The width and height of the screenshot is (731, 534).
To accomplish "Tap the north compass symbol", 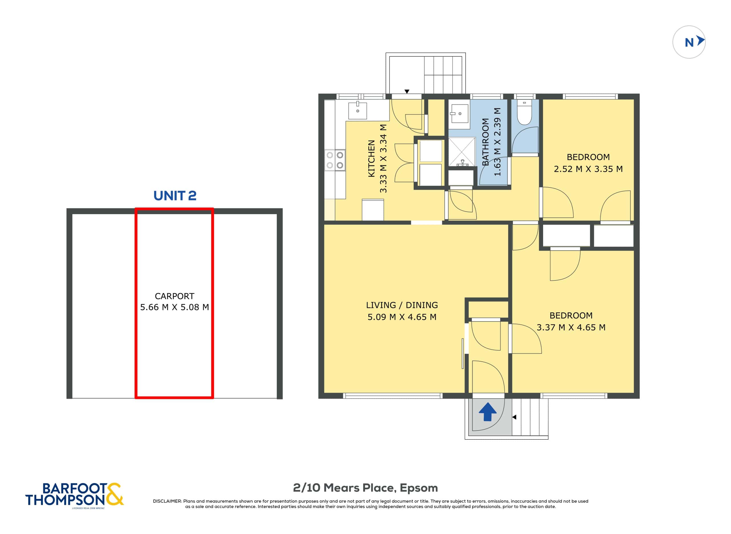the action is (689, 42).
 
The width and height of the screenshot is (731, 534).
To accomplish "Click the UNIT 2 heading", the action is (175, 196).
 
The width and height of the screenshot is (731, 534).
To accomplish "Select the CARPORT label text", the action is (174, 296).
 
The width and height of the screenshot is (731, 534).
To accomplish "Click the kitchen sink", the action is (358, 111).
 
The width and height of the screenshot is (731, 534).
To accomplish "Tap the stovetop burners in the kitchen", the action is (335, 160).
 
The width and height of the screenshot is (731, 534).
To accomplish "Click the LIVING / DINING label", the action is (402, 305).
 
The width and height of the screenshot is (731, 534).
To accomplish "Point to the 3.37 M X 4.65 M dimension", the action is (571, 327).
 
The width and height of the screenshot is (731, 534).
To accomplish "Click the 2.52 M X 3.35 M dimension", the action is (588, 169).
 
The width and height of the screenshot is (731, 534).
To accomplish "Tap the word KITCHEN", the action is (371, 158).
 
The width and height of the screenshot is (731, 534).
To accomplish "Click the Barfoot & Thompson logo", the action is (75, 494).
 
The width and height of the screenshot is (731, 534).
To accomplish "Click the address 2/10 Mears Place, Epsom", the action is (365, 488).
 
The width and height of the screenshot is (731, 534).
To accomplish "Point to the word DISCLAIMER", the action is (167, 501).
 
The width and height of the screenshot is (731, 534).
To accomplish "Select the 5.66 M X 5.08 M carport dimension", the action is (174, 307).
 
